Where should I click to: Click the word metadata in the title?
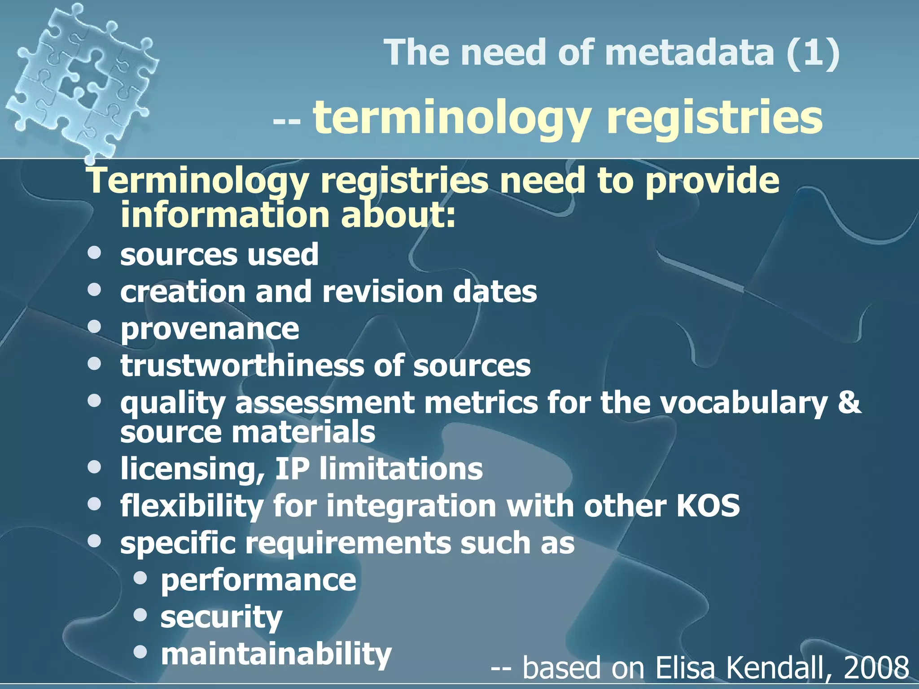(x=689, y=53)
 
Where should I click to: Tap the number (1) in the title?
(x=813, y=53)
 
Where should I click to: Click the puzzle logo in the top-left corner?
(x=81, y=81)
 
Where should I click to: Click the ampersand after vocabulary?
(x=849, y=402)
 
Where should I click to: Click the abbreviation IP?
(x=292, y=469)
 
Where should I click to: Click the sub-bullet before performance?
(x=140, y=579)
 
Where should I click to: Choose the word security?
(x=222, y=618)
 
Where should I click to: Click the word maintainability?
(x=276, y=654)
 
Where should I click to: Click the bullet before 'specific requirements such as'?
(x=95, y=541)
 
